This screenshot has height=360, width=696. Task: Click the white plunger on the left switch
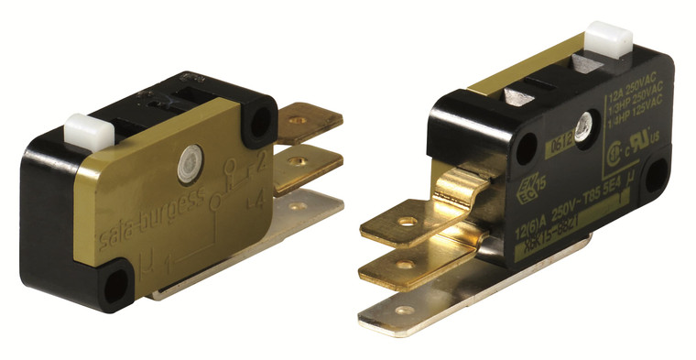click(89, 130)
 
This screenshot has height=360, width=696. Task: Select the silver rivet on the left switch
click(190, 158)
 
